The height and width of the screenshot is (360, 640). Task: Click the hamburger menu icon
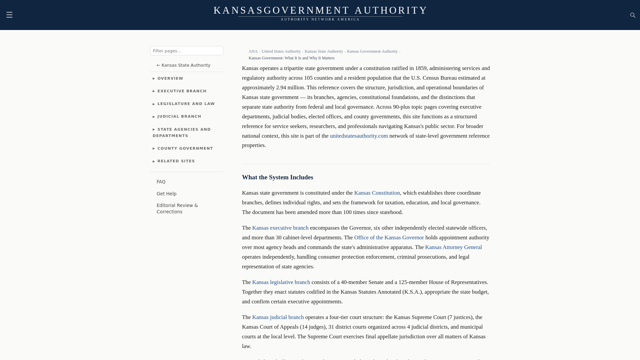[x=9, y=15]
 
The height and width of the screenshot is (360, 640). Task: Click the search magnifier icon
[x=633, y=15]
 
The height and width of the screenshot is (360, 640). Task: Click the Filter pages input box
[x=186, y=51]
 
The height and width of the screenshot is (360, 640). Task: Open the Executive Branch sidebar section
[x=182, y=91]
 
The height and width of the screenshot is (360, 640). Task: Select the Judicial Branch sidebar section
[x=179, y=116]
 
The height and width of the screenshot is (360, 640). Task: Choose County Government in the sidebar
[x=185, y=148]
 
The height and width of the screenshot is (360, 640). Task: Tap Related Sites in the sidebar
[x=176, y=161]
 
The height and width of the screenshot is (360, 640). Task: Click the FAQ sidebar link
[x=161, y=182]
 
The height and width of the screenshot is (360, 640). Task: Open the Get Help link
[x=166, y=194]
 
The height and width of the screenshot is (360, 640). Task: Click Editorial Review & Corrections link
[x=177, y=208]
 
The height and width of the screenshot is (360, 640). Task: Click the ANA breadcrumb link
[x=253, y=51]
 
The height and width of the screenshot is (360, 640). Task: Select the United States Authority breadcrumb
[x=281, y=51]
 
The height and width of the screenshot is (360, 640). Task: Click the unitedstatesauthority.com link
[x=359, y=136]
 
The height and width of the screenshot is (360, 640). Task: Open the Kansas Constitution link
[x=377, y=193]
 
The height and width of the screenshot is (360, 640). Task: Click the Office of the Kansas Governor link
[x=389, y=237]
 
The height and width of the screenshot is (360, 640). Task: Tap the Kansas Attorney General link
[x=453, y=247]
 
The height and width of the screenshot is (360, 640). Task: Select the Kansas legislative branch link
[x=281, y=282]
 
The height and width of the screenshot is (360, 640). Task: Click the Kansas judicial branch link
[x=278, y=317]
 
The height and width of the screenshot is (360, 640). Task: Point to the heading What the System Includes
[x=277, y=177]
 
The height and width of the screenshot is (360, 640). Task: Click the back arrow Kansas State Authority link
[x=183, y=65]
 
